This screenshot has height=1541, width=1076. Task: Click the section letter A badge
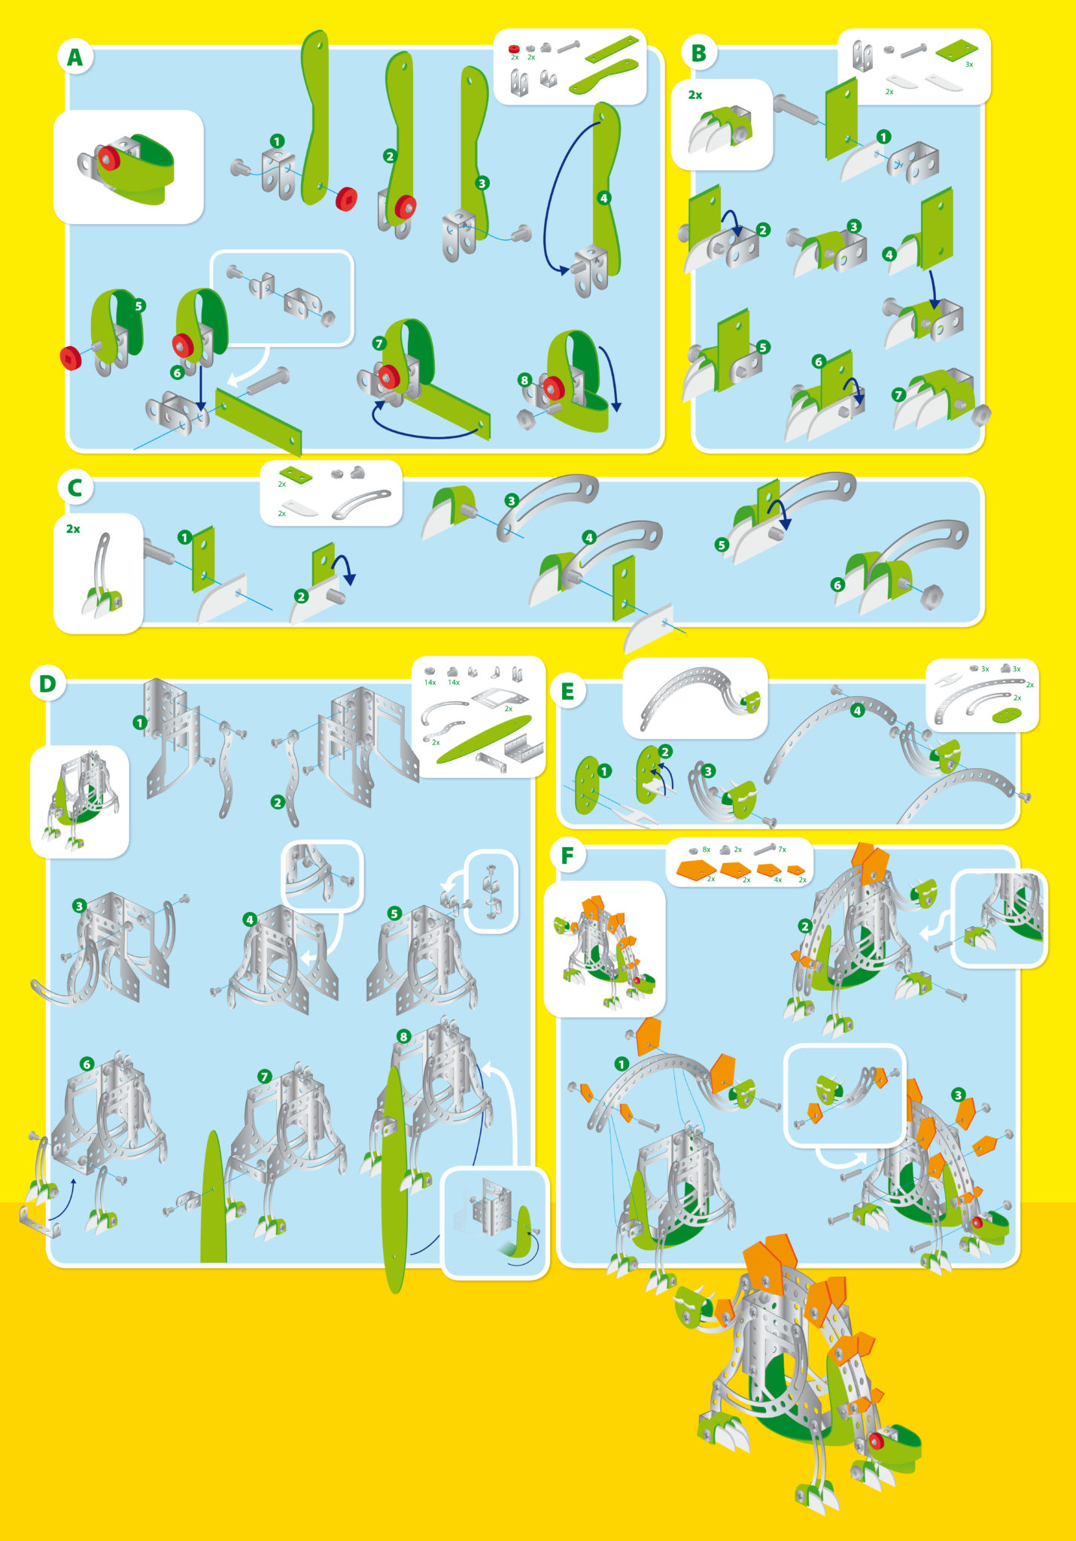74,57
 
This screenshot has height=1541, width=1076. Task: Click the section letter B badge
698,53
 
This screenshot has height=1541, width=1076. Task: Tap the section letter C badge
74,488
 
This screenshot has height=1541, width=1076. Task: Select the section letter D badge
47,683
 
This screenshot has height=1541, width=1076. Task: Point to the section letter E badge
567,691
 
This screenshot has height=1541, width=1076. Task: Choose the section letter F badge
567,856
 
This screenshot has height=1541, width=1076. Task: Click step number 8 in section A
524,380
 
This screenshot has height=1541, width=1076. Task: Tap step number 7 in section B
898,394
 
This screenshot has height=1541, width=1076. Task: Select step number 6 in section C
837,585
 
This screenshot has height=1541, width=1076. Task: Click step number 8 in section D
403,1036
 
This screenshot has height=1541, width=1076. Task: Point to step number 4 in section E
857,710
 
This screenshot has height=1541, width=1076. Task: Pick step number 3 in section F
958,1095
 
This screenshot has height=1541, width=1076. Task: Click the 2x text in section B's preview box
695,95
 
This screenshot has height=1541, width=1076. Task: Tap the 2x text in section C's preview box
73,529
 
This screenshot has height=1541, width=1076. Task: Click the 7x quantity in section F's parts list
782,850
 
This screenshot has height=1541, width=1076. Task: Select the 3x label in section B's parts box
969,65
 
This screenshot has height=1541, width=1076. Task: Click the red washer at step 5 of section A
71,357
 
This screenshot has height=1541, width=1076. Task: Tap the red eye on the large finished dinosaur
876,1440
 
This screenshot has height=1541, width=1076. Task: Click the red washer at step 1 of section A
346,199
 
